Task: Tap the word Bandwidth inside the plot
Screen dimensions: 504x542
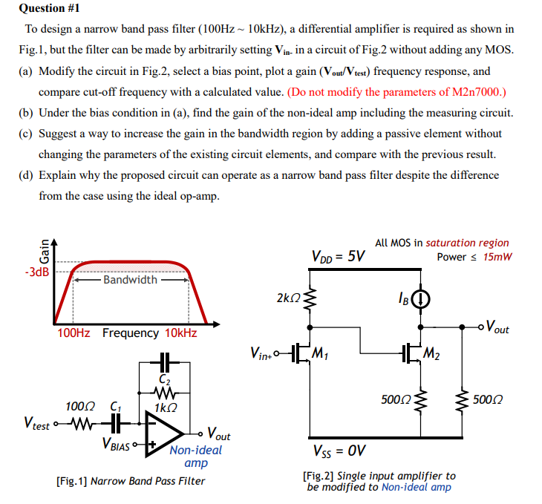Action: [x=130, y=280]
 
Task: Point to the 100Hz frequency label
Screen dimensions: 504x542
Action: [x=74, y=333]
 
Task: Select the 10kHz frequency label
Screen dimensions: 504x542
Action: [x=180, y=333]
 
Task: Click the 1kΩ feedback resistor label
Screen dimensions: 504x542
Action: [x=165, y=408]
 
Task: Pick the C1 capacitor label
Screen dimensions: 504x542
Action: [x=116, y=407]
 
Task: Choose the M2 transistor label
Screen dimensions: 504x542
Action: [x=430, y=352]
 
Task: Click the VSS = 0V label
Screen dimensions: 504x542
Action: [x=339, y=451]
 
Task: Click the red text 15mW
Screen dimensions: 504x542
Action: [x=497, y=257]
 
